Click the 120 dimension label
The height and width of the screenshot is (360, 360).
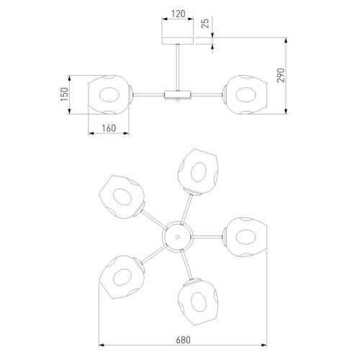[x=178, y=14]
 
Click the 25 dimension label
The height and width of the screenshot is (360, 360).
[x=205, y=23]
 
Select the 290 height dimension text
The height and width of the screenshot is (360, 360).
[x=281, y=75]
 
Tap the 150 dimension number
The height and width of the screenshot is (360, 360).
[x=64, y=94]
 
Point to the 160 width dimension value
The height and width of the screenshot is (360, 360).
[x=109, y=128]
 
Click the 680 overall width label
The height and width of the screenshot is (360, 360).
[x=183, y=340]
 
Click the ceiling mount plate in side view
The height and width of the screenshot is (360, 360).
[x=178, y=41]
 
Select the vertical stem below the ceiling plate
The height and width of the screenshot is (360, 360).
[x=178, y=68]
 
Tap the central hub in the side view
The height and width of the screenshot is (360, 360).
[x=178, y=95]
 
